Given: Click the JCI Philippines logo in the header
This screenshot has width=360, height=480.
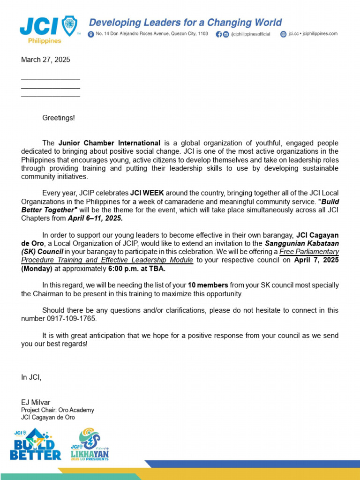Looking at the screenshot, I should (49, 29).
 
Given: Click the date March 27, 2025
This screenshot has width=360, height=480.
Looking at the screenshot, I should (45, 60).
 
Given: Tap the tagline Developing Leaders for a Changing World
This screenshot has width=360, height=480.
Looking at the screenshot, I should (185, 22).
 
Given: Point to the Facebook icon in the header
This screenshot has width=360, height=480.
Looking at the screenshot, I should (218, 34).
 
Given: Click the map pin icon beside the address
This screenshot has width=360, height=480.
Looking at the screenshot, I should (91, 34).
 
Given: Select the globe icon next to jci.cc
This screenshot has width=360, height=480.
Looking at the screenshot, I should (283, 34).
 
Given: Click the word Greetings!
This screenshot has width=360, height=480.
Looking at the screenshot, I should (59, 118).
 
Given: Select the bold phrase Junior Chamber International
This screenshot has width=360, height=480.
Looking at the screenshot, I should (109, 142).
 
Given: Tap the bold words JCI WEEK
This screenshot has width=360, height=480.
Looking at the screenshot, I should (147, 193).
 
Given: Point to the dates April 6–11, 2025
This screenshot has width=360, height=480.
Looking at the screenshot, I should (95, 218).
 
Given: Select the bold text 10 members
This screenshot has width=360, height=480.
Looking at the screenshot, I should (208, 285).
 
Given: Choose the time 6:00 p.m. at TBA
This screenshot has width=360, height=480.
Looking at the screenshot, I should (136, 269).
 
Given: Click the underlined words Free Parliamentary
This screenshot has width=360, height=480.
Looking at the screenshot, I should (309, 252).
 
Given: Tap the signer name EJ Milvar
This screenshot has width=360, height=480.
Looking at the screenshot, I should (36, 402).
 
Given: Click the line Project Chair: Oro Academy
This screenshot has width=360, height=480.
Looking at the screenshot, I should (58, 410).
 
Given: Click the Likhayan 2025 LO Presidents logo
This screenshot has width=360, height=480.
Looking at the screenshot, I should (90, 444).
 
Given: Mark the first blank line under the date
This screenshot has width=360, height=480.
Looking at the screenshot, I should (50, 79).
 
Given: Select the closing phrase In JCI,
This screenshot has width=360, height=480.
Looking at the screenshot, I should (31, 377).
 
